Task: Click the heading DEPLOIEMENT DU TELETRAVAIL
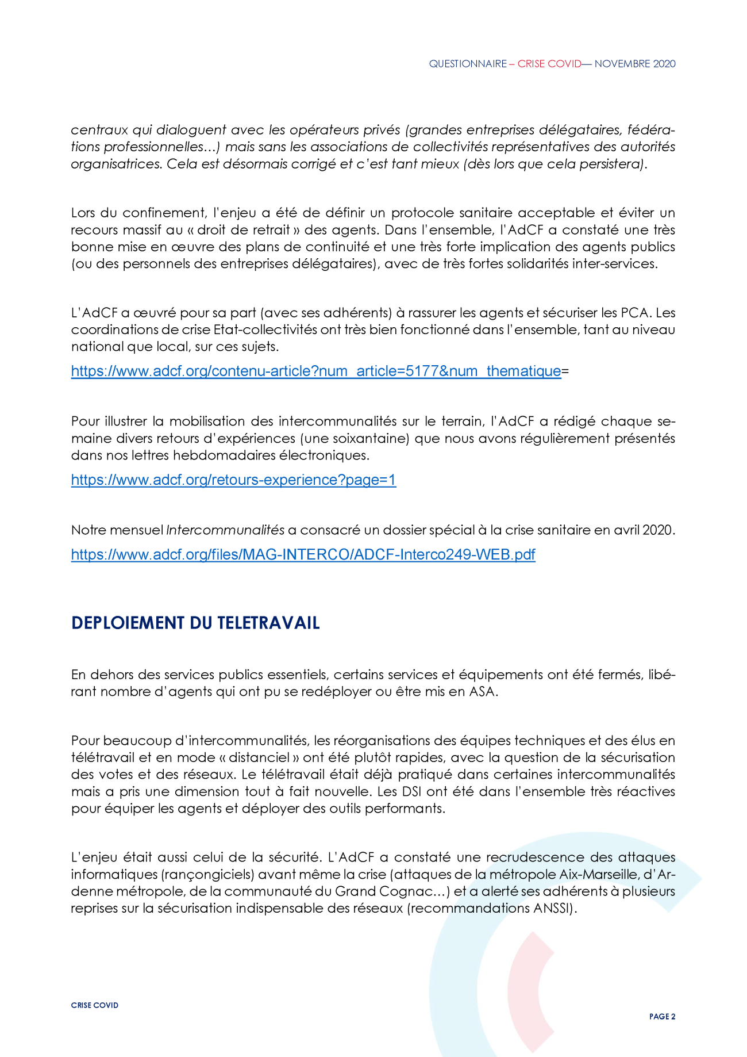click(x=195, y=623)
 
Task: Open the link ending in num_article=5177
click(x=315, y=372)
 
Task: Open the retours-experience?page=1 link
click(x=233, y=480)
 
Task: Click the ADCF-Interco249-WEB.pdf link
click(x=303, y=555)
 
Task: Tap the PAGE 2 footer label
click(x=662, y=1016)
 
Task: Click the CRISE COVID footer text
click(x=95, y=1005)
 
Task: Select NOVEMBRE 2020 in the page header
click(x=635, y=64)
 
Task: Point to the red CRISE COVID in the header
click(x=549, y=64)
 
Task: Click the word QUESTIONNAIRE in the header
click(x=468, y=64)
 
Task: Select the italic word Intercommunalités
click(x=225, y=530)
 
